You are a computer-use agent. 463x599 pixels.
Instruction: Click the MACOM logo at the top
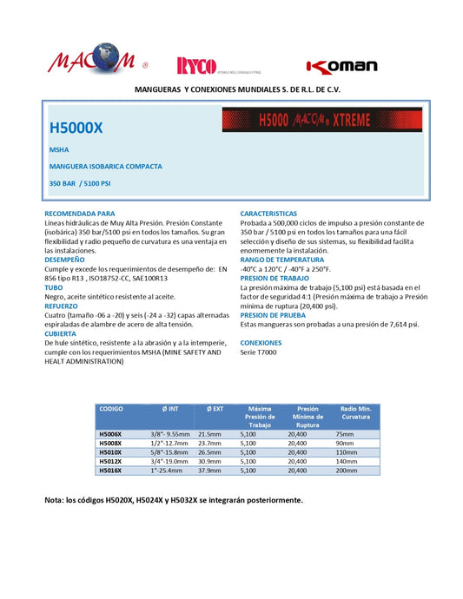tap(90, 60)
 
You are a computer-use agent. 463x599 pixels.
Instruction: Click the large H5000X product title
tap(76, 127)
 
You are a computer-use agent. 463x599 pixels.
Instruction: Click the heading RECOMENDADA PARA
tap(80, 214)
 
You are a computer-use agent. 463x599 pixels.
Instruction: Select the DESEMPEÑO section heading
tap(65, 260)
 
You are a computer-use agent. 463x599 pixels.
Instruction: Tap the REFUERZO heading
tap(63, 306)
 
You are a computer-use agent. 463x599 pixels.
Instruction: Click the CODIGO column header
tap(112, 407)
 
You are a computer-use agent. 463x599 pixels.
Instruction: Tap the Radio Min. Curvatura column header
tap(356, 412)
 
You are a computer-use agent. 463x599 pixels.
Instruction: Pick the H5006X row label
tap(112, 433)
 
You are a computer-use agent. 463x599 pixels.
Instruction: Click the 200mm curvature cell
tap(346, 471)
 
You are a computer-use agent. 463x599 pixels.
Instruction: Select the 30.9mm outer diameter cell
tap(211, 461)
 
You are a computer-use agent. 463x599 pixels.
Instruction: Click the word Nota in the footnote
tap(55, 501)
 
